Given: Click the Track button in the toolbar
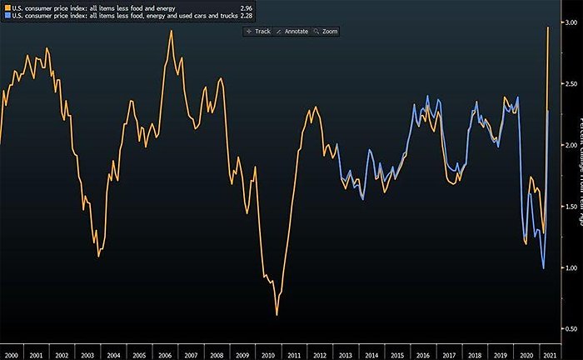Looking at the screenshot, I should pyautogui.click(x=259, y=31).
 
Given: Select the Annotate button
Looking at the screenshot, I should pyautogui.click(x=292, y=31).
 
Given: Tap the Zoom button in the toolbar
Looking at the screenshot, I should pyautogui.click(x=326, y=31).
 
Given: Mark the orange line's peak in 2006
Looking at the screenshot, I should pyautogui.click(x=171, y=31).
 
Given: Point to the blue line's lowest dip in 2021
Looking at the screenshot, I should pyautogui.click(x=543, y=267).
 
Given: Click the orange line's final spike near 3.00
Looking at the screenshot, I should pyautogui.click(x=547, y=27).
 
